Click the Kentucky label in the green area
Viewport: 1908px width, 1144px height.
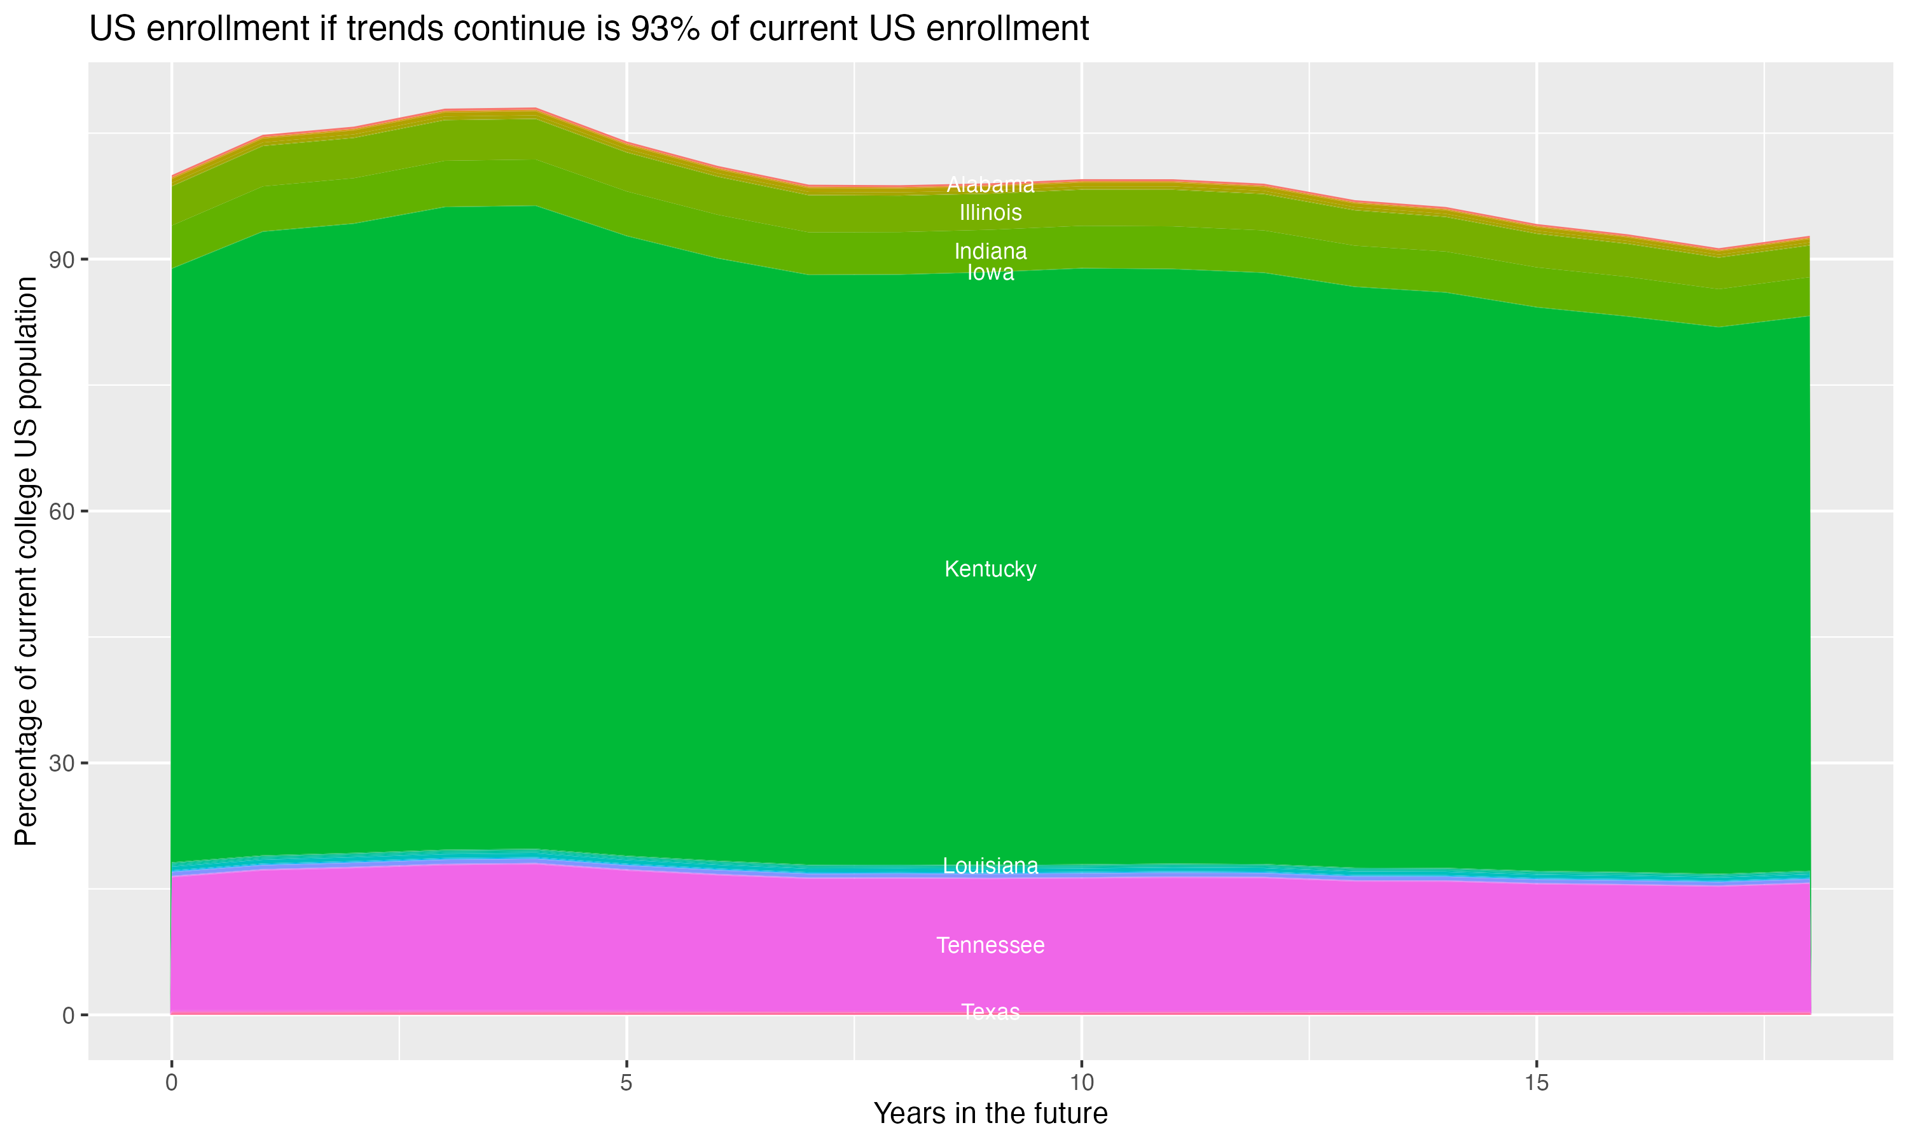[990, 569]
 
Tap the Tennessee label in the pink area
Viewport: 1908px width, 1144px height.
[990, 945]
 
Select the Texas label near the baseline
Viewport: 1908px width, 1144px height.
[990, 1011]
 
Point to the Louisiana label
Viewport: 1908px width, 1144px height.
[990, 866]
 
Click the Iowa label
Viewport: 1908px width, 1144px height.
[990, 273]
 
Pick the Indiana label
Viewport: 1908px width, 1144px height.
[990, 251]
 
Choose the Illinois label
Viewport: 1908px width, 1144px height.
[990, 212]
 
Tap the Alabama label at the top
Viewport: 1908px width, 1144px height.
[990, 185]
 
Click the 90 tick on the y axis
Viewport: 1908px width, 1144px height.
[62, 260]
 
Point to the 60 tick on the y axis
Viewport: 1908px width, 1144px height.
[62, 512]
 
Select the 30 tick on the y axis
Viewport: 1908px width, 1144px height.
[62, 764]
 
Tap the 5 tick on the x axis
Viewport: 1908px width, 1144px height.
[626, 1083]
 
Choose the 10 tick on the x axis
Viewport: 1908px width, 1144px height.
[1082, 1083]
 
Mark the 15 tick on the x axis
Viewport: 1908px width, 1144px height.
[1537, 1083]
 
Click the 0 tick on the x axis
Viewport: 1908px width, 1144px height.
[171, 1083]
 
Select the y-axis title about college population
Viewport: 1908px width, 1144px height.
[26, 561]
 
